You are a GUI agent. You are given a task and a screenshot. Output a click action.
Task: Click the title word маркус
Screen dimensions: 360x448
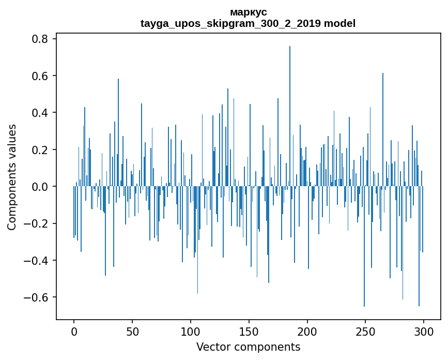(x=248, y=12)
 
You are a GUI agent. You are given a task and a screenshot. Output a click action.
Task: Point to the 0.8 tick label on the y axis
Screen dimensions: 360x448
(x=40, y=39)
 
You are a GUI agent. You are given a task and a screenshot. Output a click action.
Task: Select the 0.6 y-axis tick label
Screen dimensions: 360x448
(x=40, y=76)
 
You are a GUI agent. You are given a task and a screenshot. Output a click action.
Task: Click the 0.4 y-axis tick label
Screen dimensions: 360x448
(x=40, y=113)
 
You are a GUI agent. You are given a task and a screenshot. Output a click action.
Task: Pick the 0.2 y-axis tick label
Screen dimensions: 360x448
(x=40, y=150)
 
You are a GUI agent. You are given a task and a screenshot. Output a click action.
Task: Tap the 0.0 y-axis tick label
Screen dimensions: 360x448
(x=40, y=187)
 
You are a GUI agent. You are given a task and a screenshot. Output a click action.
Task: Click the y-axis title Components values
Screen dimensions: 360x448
(x=12, y=177)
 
